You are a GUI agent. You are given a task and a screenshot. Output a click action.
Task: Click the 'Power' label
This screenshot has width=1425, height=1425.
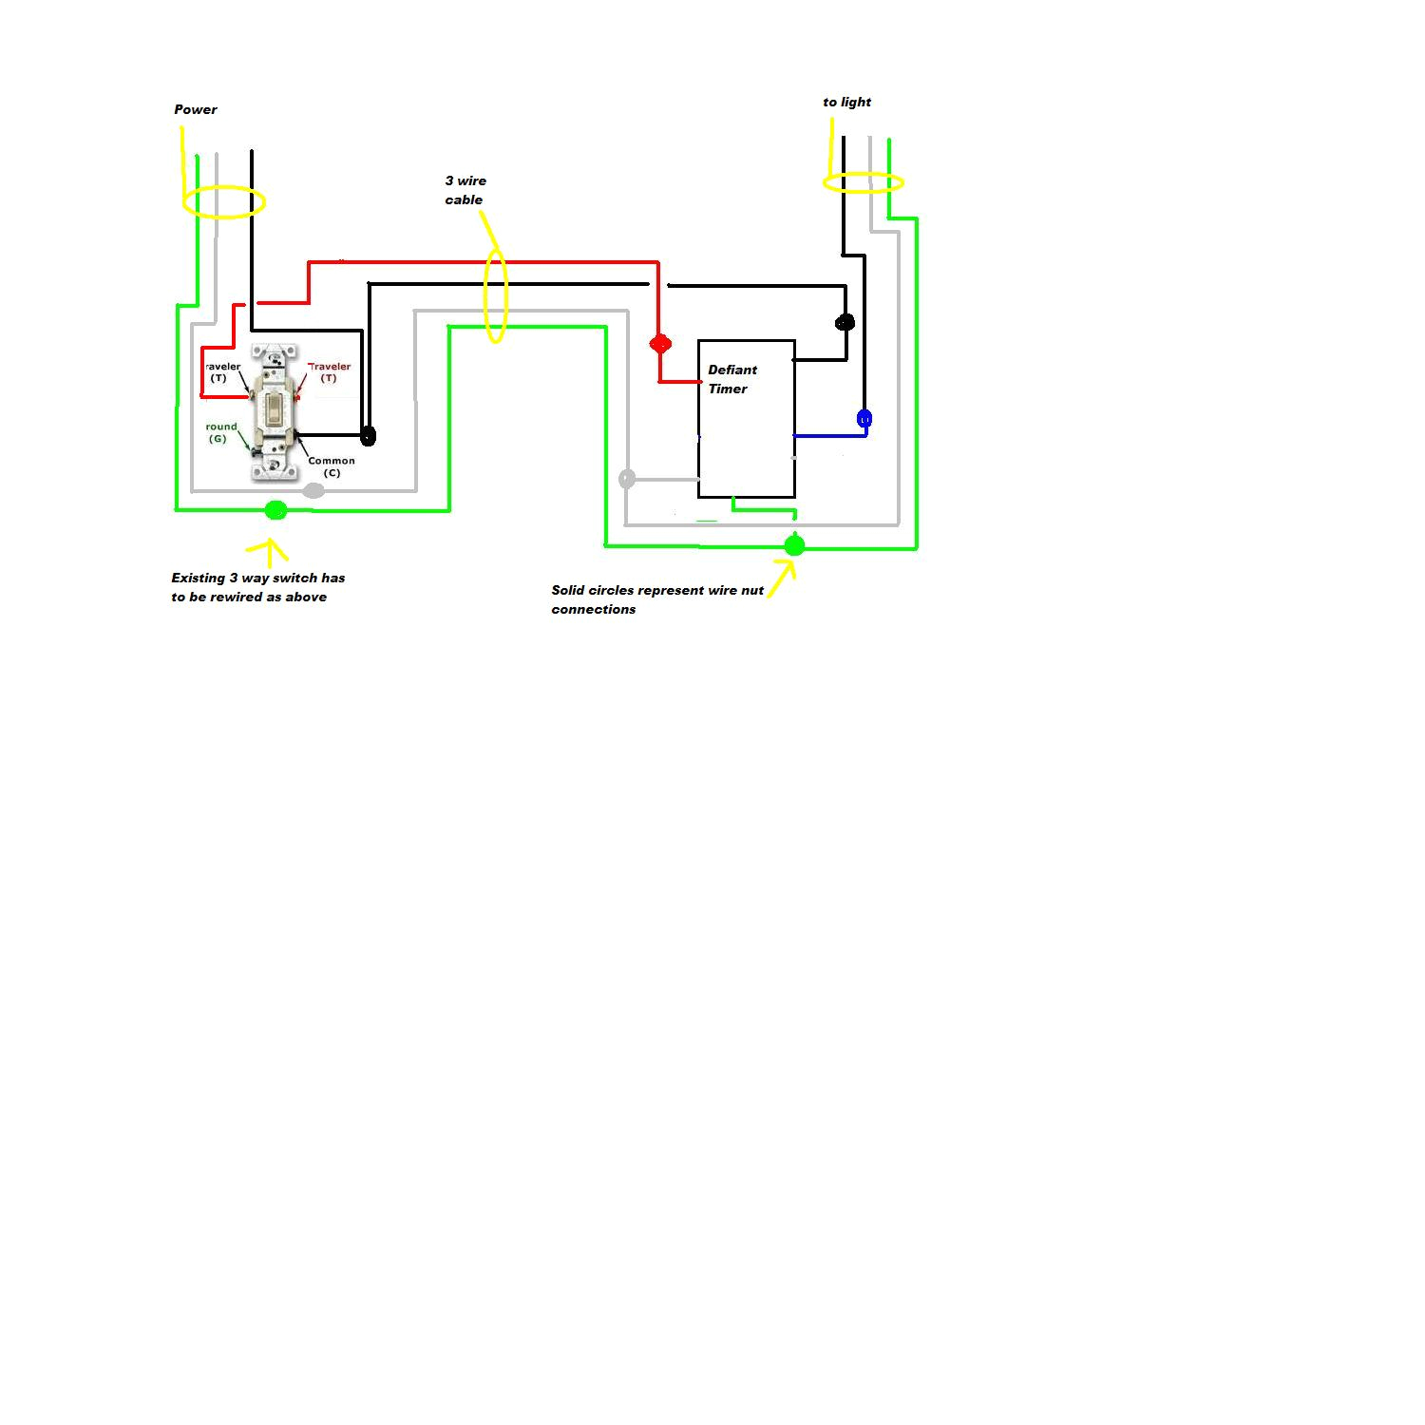click(196, 109)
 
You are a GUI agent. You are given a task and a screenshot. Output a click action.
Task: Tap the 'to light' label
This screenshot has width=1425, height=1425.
click(846, 102)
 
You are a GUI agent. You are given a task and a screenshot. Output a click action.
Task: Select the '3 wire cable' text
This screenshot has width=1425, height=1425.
click(465, 190)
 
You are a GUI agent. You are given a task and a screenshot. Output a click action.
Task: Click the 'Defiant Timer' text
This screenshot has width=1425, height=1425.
click(731, 379)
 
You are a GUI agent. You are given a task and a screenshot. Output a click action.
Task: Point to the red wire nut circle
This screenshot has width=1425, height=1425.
click(660, 343)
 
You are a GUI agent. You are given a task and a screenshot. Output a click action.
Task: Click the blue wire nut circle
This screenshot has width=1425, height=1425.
click(864, 418)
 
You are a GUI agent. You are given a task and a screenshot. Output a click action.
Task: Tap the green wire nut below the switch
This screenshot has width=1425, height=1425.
click(275, 510)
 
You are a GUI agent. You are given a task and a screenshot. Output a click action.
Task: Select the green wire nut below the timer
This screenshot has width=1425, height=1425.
click(794, 545)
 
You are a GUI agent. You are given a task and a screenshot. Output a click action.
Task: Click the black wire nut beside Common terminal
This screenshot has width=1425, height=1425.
click(369, 436)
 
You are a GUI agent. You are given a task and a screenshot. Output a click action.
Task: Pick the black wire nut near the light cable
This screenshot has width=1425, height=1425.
click(845, 322)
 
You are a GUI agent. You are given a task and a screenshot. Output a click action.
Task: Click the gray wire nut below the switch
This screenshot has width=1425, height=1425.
click(313, 490)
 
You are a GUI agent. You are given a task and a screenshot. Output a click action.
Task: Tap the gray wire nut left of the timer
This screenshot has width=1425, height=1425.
click(626, 479)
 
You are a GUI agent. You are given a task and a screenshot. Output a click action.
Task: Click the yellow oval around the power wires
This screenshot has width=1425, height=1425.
click(224, 201)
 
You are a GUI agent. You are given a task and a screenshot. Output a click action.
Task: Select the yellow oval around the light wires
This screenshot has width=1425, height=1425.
click(863, 182)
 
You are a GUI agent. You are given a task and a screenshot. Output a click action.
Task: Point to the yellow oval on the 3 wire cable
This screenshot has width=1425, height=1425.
click(496, 295)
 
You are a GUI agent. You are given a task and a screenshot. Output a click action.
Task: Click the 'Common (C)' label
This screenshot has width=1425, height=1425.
click(331, 466)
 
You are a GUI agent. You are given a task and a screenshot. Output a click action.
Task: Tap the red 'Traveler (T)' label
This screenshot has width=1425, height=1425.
click(329, 371)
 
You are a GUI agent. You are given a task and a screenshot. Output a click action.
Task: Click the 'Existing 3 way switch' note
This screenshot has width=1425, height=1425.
click(257, 587)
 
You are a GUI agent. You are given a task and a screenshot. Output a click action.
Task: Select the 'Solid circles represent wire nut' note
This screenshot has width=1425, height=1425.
click(656, 599)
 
